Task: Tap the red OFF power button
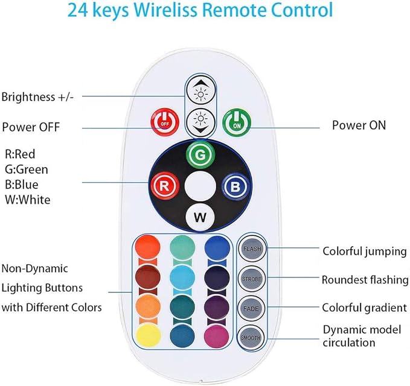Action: coord(165,122)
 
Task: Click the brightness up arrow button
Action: coord(201,90)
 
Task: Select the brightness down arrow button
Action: coord(201,122)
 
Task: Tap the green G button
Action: coord(200,154)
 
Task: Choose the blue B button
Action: coord(235,186)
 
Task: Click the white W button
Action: coord(200,217)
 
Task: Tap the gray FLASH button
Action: coord(252,248)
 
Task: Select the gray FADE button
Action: coord(251,308)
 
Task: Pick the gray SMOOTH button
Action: coord(251,337)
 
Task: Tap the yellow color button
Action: coord(149,335)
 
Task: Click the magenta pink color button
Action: coord(217,336)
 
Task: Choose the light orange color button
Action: coord(148,306)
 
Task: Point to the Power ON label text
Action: coord(359,125)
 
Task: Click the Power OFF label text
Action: coord(31,127)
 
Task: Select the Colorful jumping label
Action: coord(365,252)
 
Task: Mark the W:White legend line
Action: coord(28,200)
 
